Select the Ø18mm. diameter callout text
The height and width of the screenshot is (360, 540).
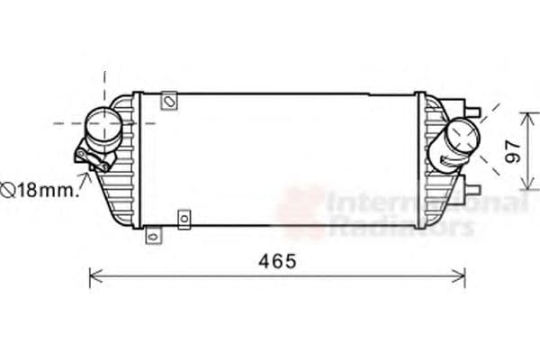click(x=40, y=190)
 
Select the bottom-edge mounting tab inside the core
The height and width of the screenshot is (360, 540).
click(x=184, y=218)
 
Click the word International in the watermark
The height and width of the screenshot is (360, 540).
click(x=423, y=203)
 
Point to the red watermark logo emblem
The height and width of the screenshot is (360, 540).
click(x=301, y=211)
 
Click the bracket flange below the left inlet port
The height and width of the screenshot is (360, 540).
click(x=94, y=160)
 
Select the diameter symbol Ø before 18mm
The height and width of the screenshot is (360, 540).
click(x=7, y=190)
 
